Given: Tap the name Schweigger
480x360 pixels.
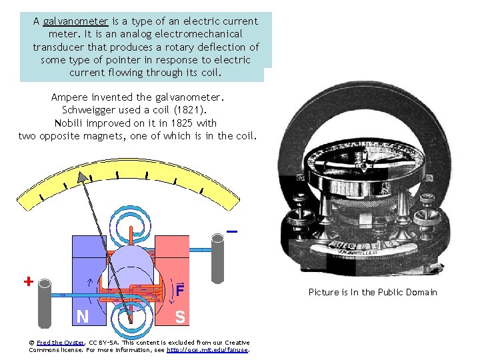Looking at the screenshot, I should (x=90, y=110).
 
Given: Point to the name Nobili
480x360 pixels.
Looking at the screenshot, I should (x=68, y=123).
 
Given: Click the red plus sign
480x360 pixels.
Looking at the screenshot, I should (x=28, y=281).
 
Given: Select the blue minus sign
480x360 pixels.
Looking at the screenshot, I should (x=232, y=231).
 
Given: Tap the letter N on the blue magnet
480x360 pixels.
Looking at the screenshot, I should (x=83, y=317).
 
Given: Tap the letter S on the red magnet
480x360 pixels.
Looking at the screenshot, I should (x=180, y=317).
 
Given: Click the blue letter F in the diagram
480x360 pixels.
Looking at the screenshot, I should (x=180, y=291).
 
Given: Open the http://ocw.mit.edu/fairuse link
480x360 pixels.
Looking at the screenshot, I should (x=207, y=349).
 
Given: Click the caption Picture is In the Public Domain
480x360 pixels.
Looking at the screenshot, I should (x=373, y=292).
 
